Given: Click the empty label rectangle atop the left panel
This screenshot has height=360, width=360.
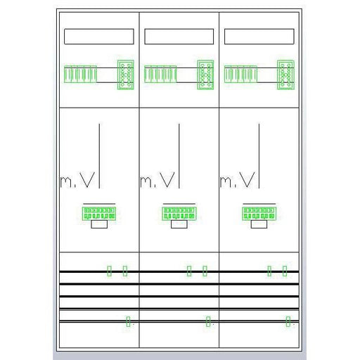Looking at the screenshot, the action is [x=99, y=37].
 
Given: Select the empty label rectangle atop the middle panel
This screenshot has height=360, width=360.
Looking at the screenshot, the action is [x=179, y=37].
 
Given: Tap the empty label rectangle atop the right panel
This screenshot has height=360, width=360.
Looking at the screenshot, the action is [x=259, y=37].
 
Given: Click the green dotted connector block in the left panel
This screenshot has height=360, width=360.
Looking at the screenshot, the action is [x=126, y=75].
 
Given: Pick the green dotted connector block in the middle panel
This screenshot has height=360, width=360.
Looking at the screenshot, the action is [x=205, y=75].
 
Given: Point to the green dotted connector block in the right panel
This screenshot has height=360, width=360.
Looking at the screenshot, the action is [x=285, y=75].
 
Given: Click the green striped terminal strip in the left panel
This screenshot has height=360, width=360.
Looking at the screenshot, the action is [x=80, y=75].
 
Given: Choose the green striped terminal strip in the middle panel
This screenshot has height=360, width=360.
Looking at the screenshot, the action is [x=160, y=75].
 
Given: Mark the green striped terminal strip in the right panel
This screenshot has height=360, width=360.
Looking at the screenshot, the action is [x=240, y=75].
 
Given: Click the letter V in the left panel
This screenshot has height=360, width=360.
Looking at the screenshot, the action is [x=87, y=180].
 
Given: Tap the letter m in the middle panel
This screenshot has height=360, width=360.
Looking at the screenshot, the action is [x=146, y=182].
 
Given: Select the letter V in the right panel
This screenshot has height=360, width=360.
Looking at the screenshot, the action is [x=247, y=180].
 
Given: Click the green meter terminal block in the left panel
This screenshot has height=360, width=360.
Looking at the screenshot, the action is [x=99, y=214].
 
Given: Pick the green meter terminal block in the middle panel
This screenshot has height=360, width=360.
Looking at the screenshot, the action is [x=179, y=214].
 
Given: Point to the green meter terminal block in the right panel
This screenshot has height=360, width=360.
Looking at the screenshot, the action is [x=259, y=214].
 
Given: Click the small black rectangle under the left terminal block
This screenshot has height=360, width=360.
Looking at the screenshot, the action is [x=99, y=224].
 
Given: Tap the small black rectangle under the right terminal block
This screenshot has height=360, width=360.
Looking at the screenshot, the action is [x=259, y=224].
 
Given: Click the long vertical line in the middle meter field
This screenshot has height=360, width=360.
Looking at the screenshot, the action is [x=179, y=156].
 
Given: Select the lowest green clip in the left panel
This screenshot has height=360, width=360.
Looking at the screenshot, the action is [x=128, y=321].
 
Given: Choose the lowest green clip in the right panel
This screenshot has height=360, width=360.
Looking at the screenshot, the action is [x=288, y=321].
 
